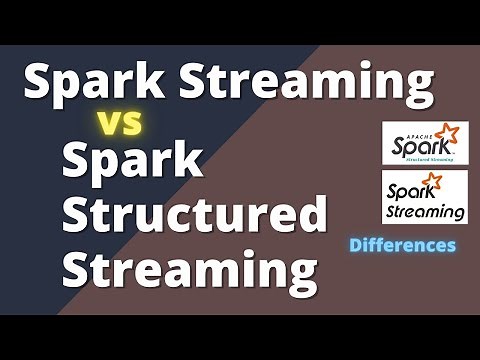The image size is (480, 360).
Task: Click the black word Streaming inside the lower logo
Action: coord(424,210)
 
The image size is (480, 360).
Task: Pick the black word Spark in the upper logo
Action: coord(418,143)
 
